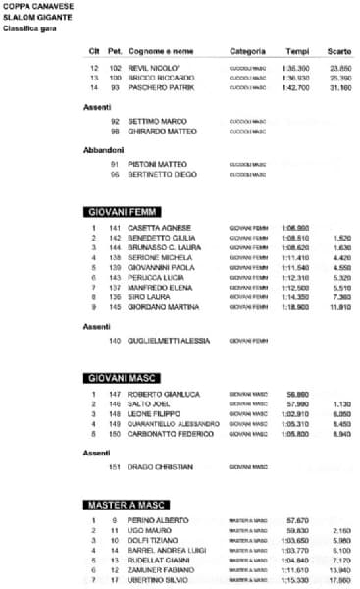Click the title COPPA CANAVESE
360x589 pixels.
tap(33, 7)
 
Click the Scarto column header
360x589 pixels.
tap(340, 50)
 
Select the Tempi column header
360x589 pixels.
tap(297, 50)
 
